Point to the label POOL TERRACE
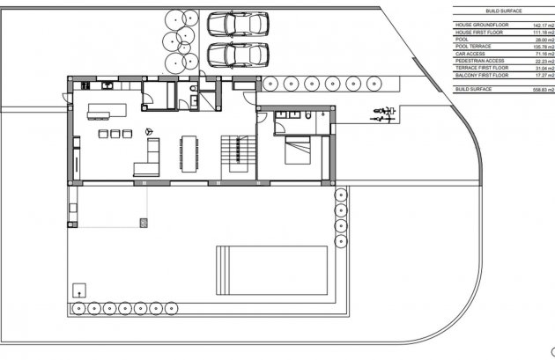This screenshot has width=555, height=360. click(x=472, y=47)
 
